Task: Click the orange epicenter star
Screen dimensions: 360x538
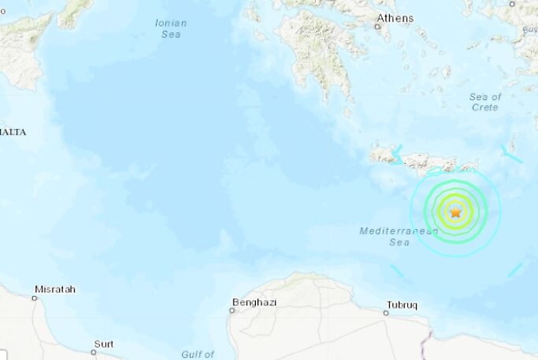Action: click(455, 212)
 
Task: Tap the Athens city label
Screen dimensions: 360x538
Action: click(395, 18)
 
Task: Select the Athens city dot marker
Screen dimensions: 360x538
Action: click(377, 28)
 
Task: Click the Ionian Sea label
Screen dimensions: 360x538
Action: click(171, 28)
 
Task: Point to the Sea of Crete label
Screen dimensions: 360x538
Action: click(486, 102)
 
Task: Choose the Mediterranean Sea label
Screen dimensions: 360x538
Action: click(389, 236)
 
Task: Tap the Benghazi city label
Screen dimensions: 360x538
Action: click(254, 302)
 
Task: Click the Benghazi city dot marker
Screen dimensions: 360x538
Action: click(232, 311)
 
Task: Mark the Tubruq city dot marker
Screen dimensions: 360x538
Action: click(386, 313)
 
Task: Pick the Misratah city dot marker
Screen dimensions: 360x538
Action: click(34, 298)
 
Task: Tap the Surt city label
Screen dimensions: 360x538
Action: click(104, 344)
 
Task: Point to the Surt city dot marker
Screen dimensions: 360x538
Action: click(93, 352)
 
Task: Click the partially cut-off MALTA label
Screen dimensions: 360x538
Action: click(13, 132)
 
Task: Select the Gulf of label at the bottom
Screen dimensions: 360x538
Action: click(198, 354)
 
